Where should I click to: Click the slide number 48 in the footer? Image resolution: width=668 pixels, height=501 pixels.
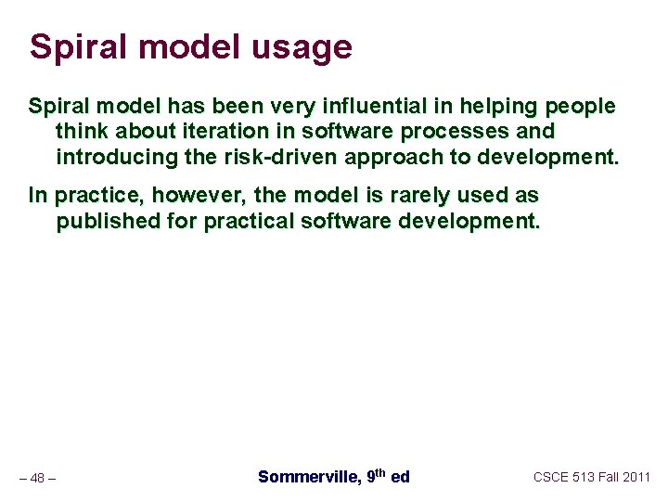tap(37, 478)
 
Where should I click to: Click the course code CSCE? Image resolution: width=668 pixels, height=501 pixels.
tap(552, 477)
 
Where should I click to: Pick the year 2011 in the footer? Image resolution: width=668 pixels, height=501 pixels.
tap(636, 477)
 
